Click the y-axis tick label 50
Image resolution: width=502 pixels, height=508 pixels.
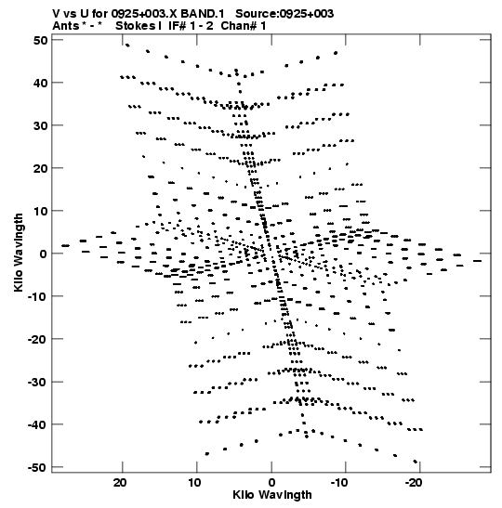[41, 41]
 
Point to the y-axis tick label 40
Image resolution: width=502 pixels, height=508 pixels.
[41, 83]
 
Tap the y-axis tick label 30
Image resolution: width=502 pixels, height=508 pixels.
[41, 125]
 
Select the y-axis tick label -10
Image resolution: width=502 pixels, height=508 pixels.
[37, 296]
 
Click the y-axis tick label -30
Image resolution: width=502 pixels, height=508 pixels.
[37, 383]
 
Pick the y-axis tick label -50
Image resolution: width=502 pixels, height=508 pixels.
[37, 467]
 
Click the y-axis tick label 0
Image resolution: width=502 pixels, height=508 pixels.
[44, 254]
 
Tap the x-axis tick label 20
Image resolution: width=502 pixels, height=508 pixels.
[120, 483]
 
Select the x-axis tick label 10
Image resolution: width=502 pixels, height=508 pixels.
[194, 483]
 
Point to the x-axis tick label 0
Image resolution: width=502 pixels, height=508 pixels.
[271, 483]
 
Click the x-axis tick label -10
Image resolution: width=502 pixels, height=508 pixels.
[339, 483]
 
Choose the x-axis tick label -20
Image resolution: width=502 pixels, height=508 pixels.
[414, 483]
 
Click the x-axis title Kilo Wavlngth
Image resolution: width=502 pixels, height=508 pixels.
[272, 495]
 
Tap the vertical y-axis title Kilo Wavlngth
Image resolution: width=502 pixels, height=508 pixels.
[19, 253]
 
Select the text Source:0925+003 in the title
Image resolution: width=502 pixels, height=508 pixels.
[284, 14]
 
